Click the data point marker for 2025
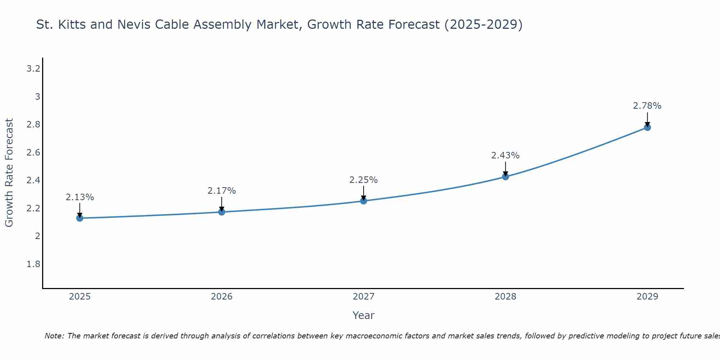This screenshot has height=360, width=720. (80, 218)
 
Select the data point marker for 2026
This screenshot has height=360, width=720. (222, 212)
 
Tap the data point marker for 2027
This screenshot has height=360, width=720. (364, 201)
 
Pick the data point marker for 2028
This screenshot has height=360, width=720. (505, 177)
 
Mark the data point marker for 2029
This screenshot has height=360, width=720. (647, 127)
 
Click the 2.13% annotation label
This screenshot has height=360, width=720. (80, 197)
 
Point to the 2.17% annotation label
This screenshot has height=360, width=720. (222, 191)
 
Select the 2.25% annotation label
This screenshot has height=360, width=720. (364, 180)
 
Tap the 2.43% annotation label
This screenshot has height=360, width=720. (505, 156)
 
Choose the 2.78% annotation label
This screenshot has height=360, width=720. (647, 106)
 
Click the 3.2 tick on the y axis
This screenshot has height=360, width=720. (33, 69)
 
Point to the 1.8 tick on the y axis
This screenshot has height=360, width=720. (33, 264)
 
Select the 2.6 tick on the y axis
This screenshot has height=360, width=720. (33, 153)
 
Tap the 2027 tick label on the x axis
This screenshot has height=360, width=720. (364, 297)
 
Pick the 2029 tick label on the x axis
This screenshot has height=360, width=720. (647, 297)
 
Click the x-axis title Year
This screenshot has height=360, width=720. (364, 315)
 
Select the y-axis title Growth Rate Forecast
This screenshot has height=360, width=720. (9, 173)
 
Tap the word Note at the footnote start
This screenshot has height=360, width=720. (54, 336)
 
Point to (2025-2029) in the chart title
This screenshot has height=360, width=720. (483, 24)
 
